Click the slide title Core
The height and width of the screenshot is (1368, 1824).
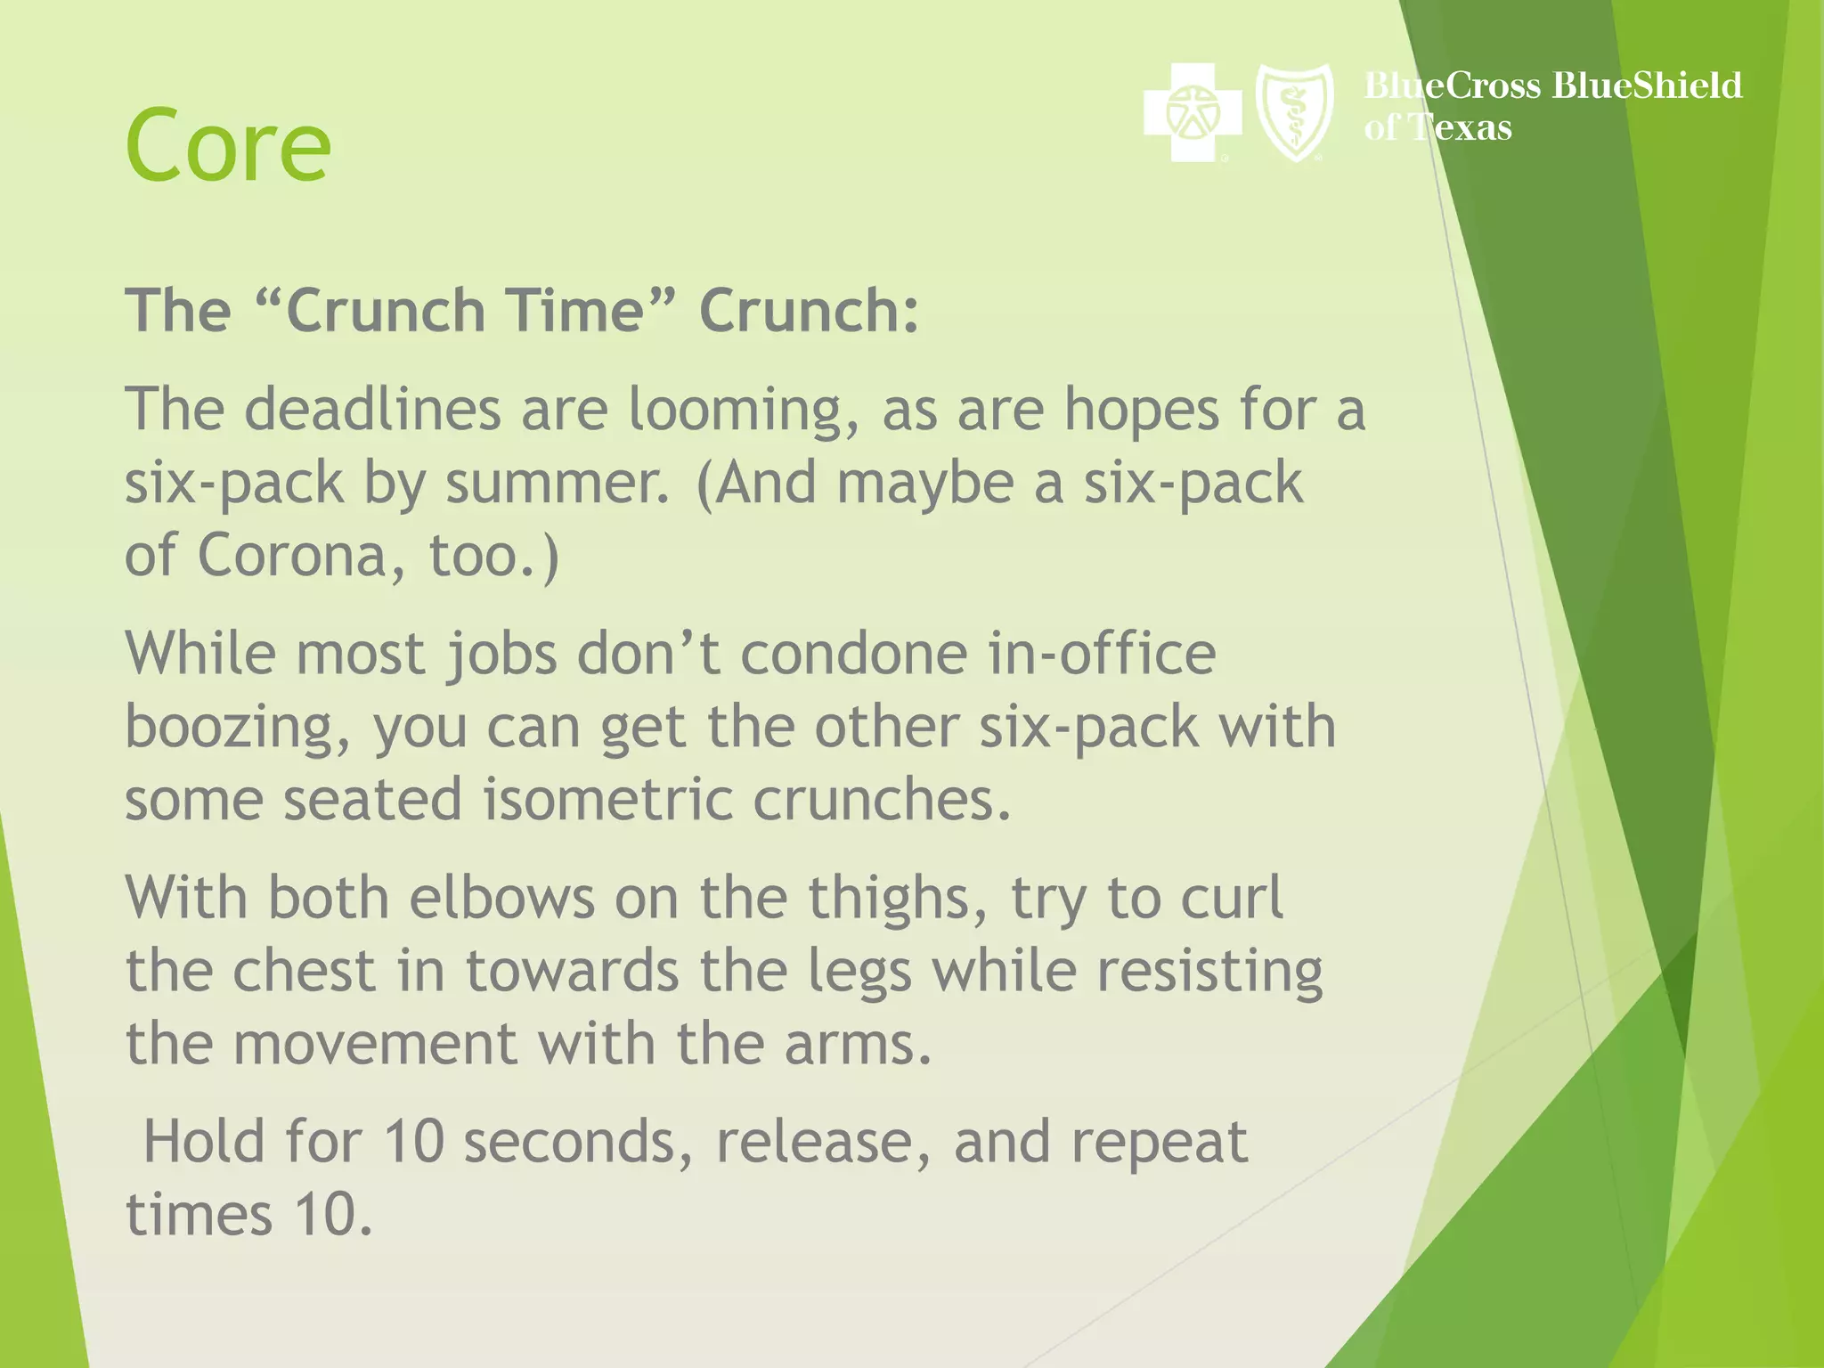[x=228, y=144]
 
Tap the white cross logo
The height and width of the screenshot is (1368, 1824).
[x=1192, y=112]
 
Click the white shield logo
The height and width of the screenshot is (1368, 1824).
[x=1294, y=112]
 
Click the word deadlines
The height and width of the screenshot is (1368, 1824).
[x=372, y=410]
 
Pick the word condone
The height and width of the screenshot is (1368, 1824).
[x=854, y=654]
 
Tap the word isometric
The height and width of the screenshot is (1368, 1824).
[x=608, y=799]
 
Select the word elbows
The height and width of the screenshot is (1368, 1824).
[x=501, y=897]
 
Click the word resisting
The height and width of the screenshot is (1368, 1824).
[x=1209, y=972]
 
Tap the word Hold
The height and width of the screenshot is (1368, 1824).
[x=204, y=1141]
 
